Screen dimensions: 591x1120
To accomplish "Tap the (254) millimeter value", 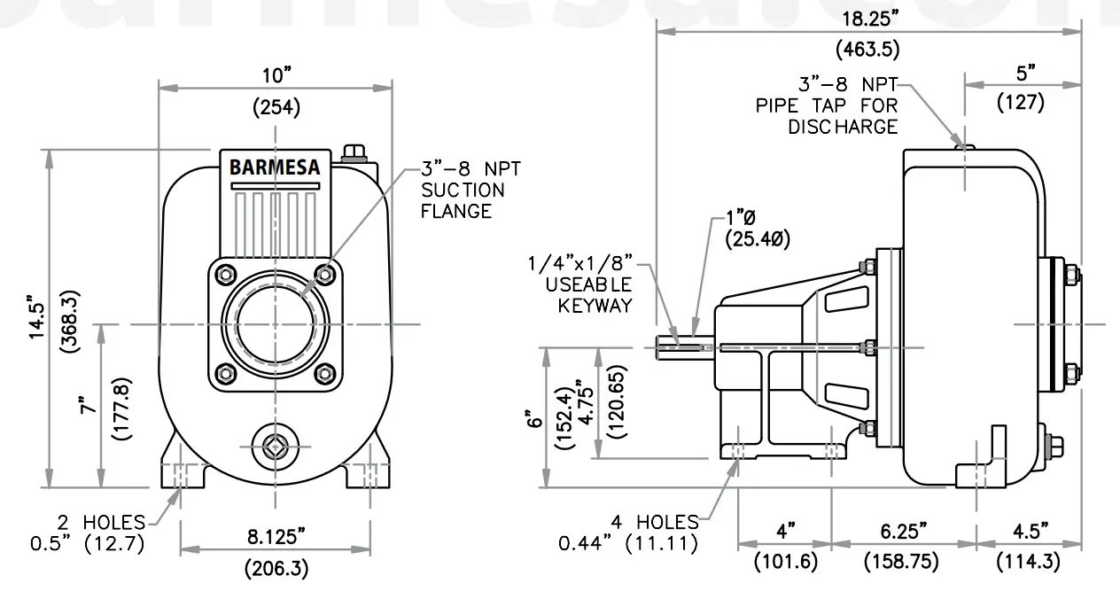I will pos(276,108).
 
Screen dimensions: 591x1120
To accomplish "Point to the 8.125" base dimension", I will pos(276,535).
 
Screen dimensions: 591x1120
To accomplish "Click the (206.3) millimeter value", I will pos(276,568).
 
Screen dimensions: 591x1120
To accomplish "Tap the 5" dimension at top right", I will pos(1025,71).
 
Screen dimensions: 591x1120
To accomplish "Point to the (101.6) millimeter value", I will pos(786,562).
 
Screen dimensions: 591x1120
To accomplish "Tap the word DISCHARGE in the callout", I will pos(843,127).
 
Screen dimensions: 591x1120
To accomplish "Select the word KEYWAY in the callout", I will pos(595,306).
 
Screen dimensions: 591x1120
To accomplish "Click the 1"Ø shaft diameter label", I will pos(741,217).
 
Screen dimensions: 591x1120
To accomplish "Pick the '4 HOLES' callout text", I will pos(654,521).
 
